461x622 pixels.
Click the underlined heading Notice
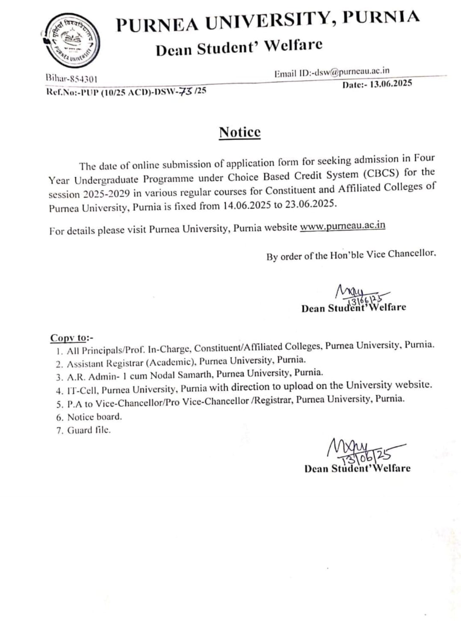[239, 132]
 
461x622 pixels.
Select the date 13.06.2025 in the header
[391, 84]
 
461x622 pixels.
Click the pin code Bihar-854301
[71, 79]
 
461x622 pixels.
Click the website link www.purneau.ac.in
[342, 226]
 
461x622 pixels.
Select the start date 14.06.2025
[247, 205]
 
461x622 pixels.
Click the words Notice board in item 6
[94, 416]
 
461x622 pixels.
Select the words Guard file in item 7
[89, 430]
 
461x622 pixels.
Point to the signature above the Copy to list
[361, 294]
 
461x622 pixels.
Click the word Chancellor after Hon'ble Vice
[411, 254]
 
